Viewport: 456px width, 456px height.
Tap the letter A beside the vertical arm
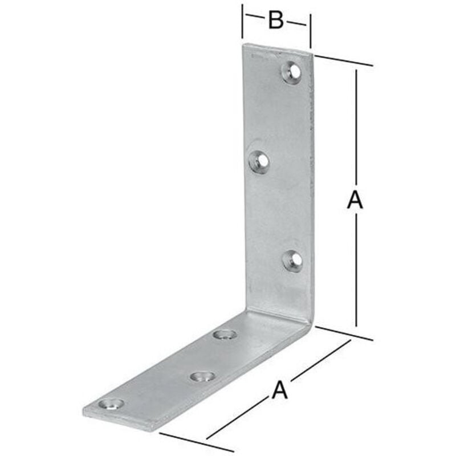click(x=355, y=200)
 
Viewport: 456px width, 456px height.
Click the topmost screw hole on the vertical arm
click(x=292, y=72)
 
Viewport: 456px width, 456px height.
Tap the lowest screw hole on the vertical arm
click(x=293, y=260)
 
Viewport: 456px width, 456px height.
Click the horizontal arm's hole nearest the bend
click(x=224, y=334)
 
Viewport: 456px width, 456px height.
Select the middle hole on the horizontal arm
click(x=202, y=376)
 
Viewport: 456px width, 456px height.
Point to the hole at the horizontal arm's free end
click(x=111, y=405)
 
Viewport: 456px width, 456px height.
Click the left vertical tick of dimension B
click(x=243, y=23)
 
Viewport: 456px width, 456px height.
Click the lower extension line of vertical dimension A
click(x=344, y=333)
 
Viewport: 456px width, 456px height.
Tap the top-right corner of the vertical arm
click(x=313, y=55)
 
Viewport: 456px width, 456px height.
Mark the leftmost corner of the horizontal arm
click(x=83, y=412)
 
